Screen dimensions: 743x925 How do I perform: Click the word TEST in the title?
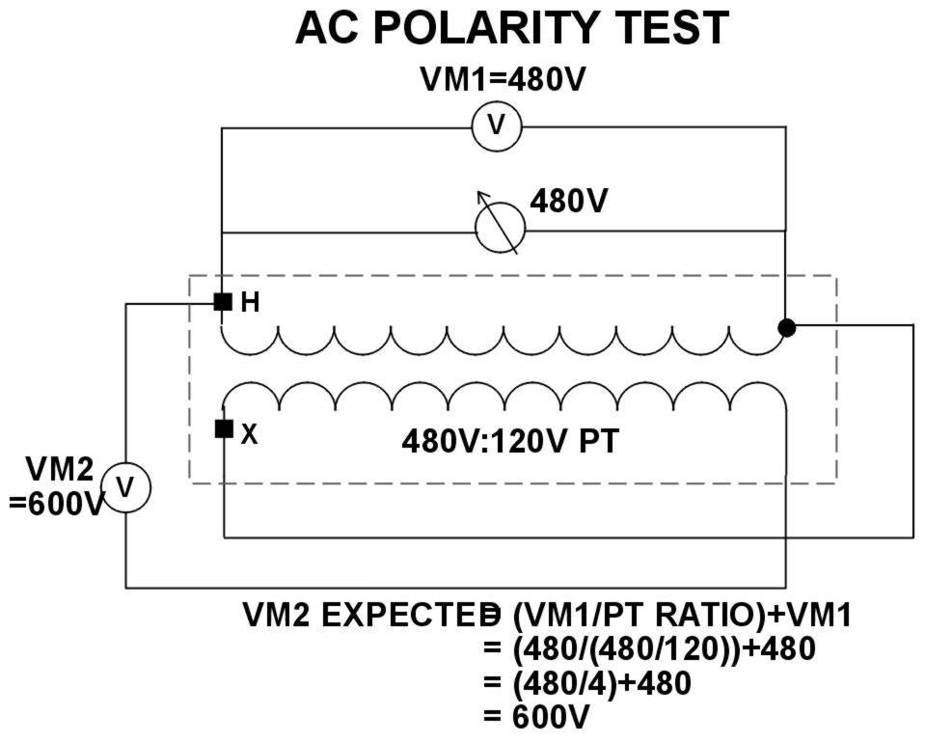(671, 30)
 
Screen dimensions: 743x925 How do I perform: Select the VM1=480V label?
(502, 79)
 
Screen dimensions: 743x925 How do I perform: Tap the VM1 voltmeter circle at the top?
(496, 126)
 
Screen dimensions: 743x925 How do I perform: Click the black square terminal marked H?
(223, 301)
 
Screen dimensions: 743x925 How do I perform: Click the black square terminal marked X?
(223, 428)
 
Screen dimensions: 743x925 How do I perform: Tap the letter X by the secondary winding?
(249, 434)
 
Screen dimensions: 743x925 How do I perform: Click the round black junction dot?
(786, 327)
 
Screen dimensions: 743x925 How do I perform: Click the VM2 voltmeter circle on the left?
(124, 488)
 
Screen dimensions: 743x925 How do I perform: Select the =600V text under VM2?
(56, 503)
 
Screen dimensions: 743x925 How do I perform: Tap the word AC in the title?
(327, 30)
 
